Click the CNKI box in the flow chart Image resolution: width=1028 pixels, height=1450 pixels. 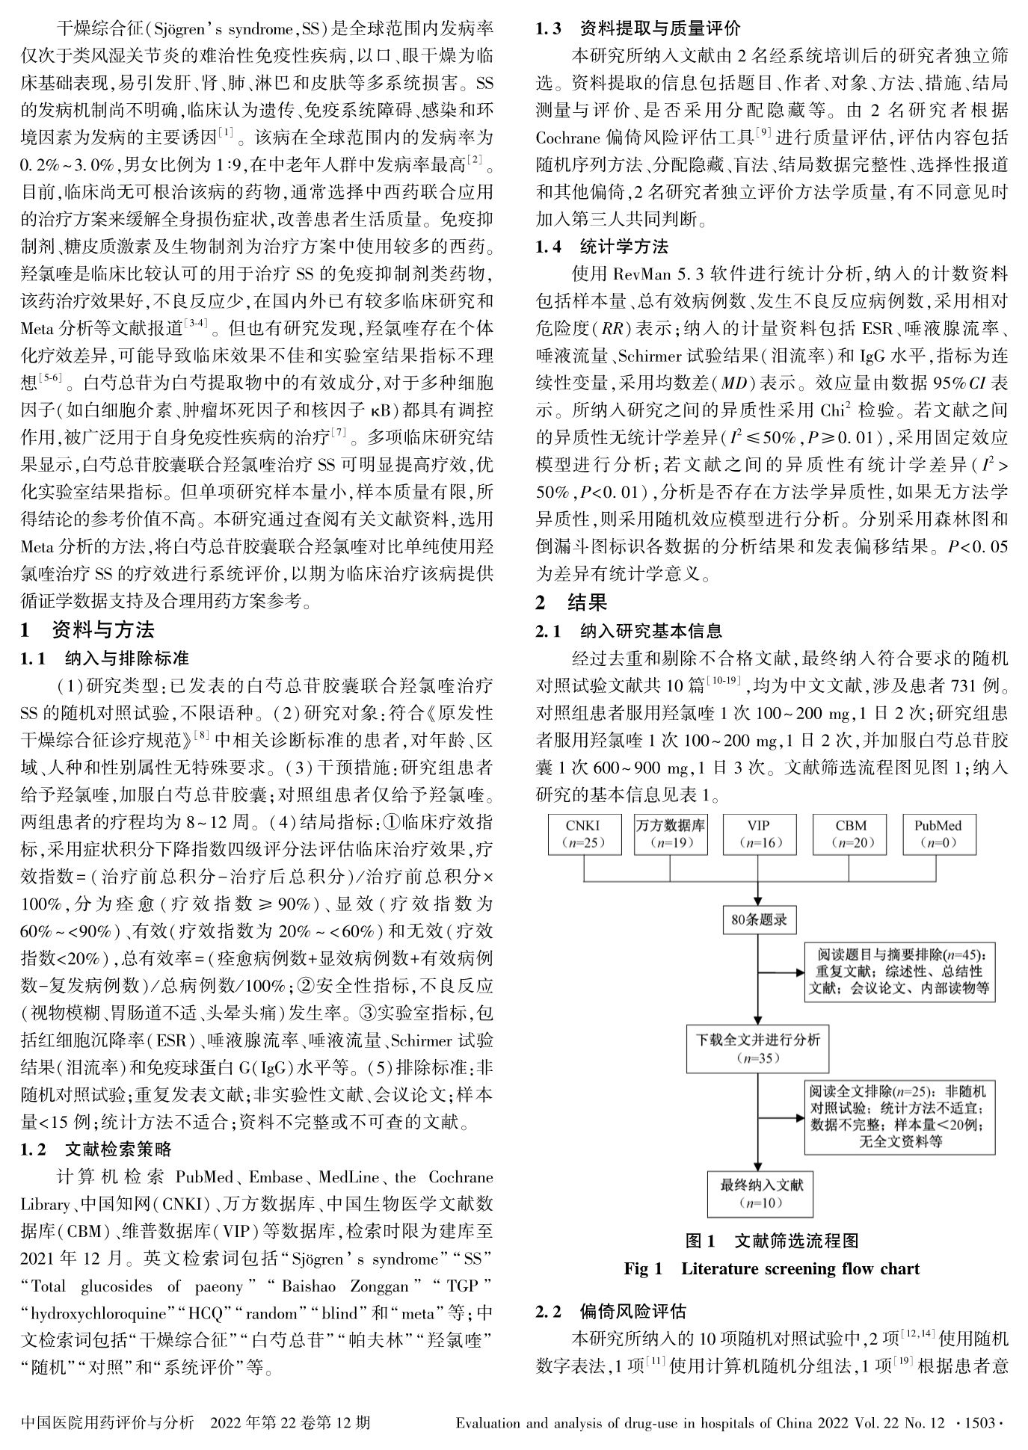pos(583,834)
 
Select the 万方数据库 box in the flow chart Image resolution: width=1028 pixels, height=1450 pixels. pos(671,834)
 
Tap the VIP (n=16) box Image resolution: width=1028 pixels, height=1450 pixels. pos(759,834)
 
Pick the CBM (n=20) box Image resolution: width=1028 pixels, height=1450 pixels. pos(850,834)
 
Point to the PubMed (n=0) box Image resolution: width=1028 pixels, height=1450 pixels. pos(938,834)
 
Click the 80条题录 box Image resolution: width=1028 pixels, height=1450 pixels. pos(759,920)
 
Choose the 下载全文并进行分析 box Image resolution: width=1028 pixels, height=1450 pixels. pos(758,1048)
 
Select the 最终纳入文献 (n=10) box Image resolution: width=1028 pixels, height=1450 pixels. pos(758,1194)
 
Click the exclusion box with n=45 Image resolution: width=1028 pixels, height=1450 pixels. pos(900,972)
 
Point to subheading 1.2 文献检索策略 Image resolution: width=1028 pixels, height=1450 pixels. pos(97,1148)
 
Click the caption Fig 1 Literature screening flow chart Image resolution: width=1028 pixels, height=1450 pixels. pos(772,1268)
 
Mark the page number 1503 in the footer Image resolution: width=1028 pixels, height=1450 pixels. pos(985,1423)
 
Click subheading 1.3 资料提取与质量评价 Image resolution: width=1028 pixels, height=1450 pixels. pos(638,28)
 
